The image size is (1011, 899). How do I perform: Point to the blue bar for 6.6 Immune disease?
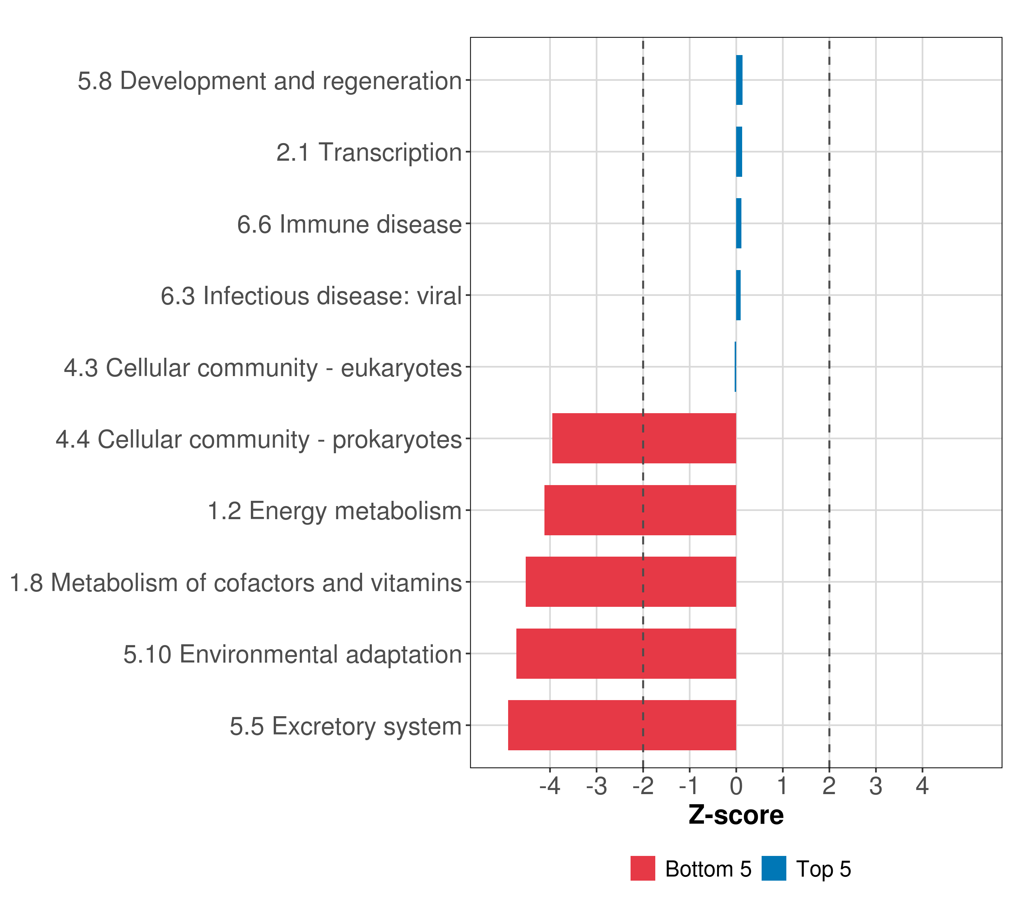pos(738,223)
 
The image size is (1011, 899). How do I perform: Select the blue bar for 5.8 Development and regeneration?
pos(739,80)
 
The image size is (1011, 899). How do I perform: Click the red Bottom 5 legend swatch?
pos(643,868)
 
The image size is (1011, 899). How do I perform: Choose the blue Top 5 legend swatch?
pos(774,868)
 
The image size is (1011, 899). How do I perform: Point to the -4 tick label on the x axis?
pos(550,786)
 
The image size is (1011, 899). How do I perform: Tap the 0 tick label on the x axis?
pos(736,786)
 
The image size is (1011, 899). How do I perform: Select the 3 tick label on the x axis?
pos(875,786)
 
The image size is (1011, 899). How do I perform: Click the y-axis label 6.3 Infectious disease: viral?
pos(311,296)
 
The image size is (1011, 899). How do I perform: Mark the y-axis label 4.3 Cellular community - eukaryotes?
pos(262,367)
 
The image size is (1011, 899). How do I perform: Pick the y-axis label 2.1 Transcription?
pos(368,152)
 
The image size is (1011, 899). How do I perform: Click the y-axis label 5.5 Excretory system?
pos(345,726)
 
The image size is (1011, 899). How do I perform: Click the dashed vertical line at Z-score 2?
pos(829,346)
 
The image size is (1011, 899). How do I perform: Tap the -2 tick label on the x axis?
pos(643,786)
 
